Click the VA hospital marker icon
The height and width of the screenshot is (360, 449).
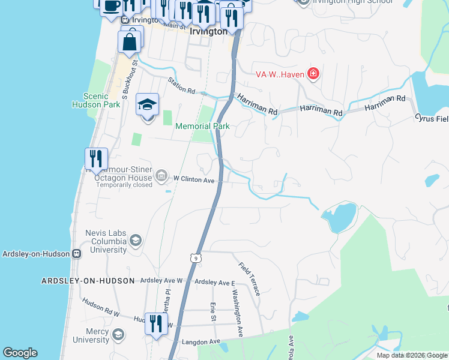coord(313,74)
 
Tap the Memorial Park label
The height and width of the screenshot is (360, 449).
coord(202,127)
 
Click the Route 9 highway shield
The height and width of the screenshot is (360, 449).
coord(194,258)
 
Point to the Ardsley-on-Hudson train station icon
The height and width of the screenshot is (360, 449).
coord(76,253)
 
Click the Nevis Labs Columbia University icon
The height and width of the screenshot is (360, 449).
coord(136,241)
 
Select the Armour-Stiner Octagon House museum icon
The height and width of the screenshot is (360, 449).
coord(161,175)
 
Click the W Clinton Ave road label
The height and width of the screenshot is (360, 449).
coord(194,179)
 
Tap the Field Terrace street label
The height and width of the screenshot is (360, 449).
coord(249,278)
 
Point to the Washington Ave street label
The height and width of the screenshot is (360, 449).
coord(238,313)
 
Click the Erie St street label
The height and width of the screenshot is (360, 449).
coord(213,312)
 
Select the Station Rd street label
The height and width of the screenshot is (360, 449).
coord(182,86)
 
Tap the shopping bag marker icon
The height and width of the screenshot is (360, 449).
coord(130,42)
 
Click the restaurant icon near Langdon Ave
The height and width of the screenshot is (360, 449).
coord(155,324)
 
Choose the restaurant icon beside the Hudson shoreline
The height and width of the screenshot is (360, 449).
coord(96,159)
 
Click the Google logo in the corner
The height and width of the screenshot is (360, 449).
coord(20,353)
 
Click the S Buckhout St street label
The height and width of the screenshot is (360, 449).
coord(130,79)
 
